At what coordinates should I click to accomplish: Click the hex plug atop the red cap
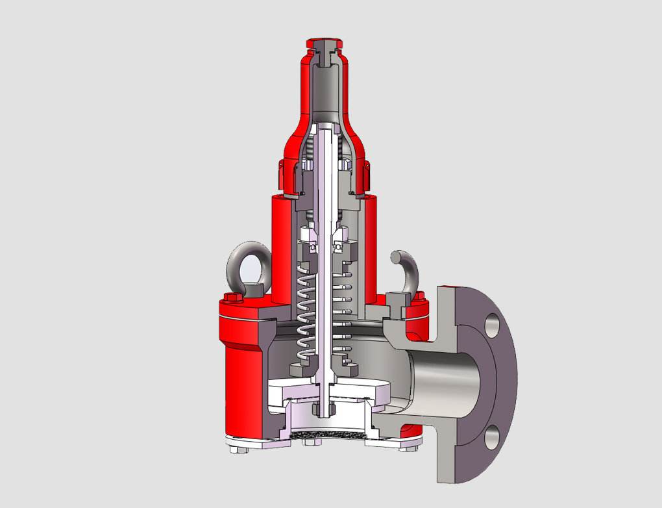tap(323, 45)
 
